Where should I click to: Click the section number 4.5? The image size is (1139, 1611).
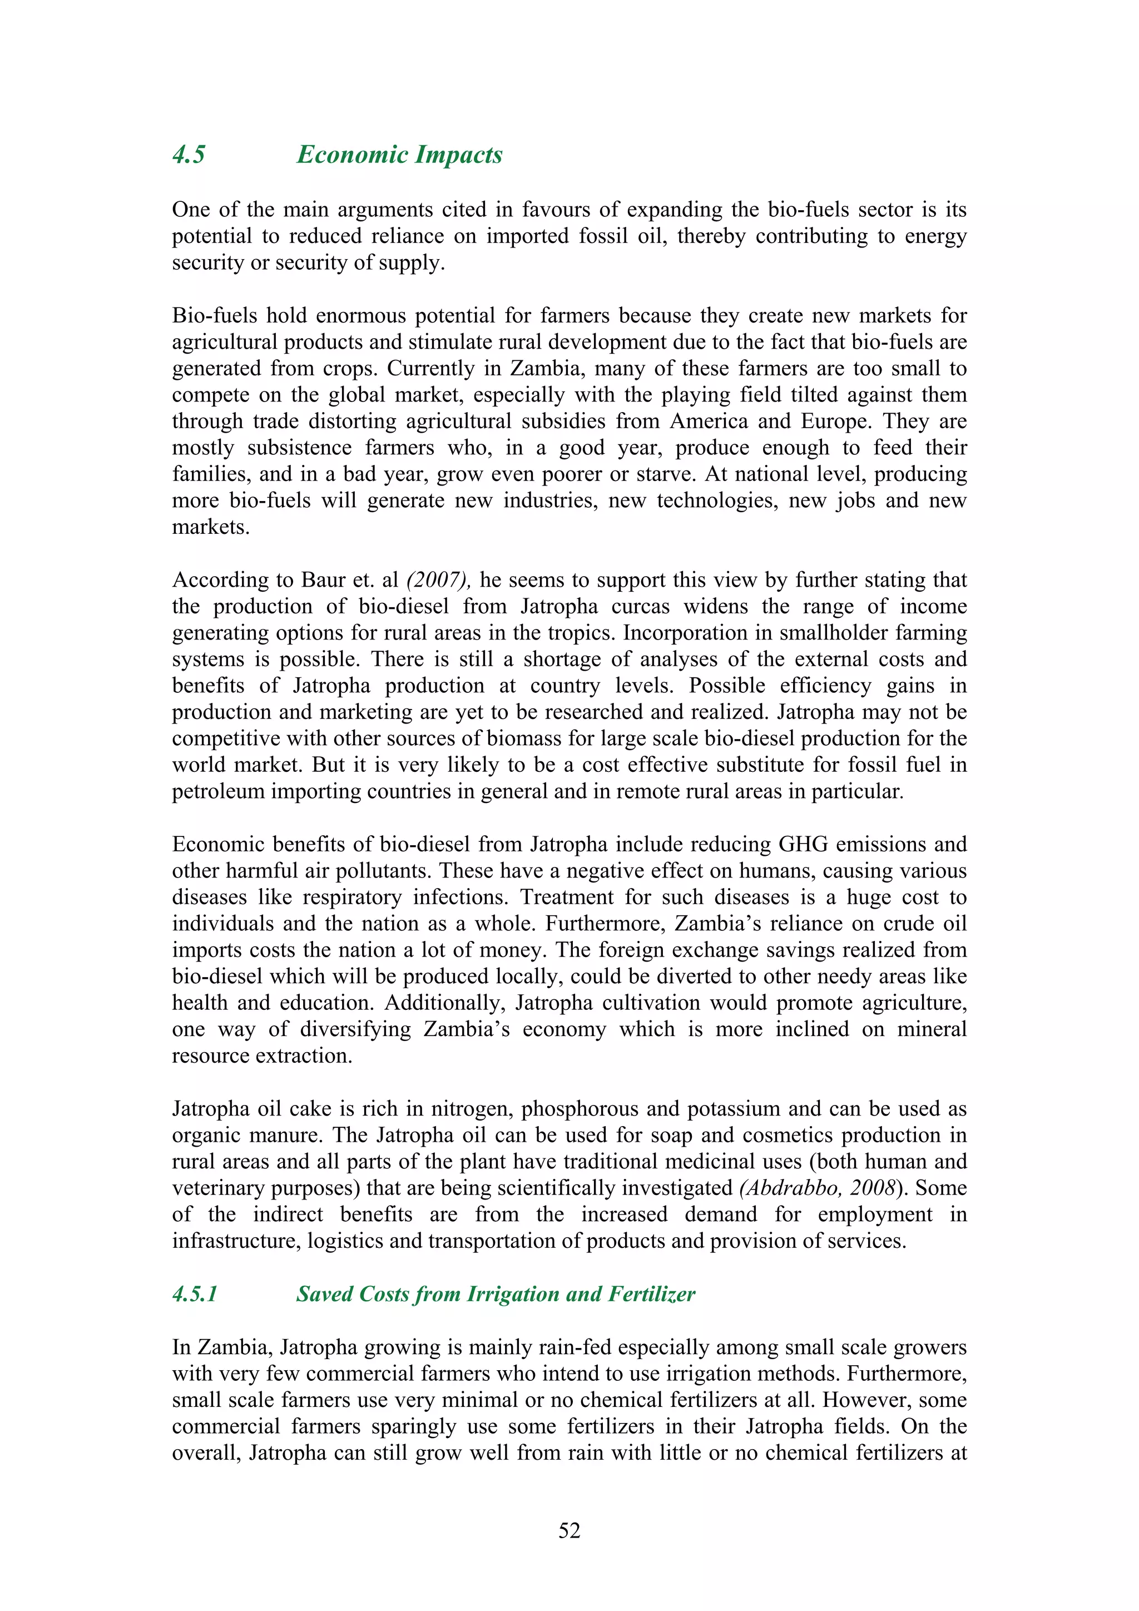coord(189,155)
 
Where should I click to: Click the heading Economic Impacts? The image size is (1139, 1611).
coord(399,155)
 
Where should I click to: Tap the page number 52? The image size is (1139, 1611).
coord(569,1530)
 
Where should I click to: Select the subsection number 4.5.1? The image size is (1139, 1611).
coord(195,1294)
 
